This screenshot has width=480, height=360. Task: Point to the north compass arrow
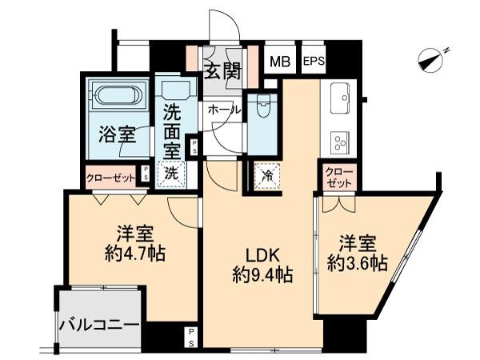pos(434,58)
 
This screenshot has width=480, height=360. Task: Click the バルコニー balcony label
pos(100,326)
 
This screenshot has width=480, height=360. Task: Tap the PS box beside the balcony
pos(192,336)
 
